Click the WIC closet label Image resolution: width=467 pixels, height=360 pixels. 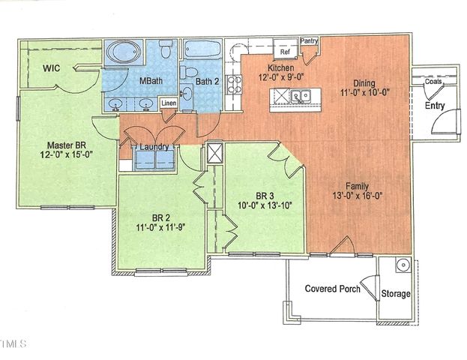[51, 68]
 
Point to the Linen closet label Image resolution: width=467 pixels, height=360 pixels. [168, 103]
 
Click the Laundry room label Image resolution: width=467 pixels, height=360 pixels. [153, 147]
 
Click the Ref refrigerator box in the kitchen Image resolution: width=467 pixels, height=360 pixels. [285, 52]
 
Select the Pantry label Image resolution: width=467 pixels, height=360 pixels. [309, 40]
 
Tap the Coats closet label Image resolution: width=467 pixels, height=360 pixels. [433, 82]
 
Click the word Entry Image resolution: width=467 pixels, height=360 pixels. [435, 106]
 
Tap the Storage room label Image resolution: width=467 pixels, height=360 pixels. [396, 293]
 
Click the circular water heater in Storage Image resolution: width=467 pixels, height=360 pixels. [402, 265]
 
